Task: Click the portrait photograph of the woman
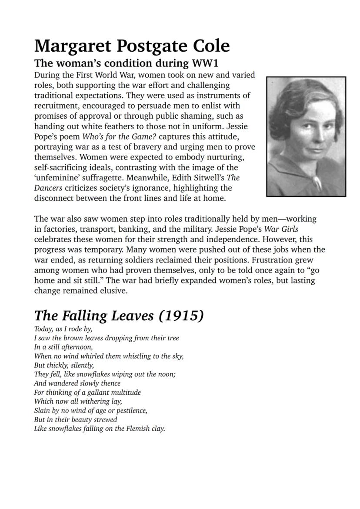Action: tap(306, 136)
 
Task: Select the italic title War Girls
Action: tap(281, 229)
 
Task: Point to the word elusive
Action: tap(111, 291)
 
